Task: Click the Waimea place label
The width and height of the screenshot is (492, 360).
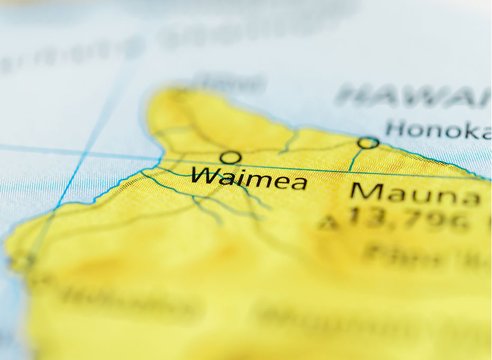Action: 249,178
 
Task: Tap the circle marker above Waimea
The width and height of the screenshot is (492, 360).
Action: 231,157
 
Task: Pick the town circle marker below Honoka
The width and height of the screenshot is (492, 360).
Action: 368,142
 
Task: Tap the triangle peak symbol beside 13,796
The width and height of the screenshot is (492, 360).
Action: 329,223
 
